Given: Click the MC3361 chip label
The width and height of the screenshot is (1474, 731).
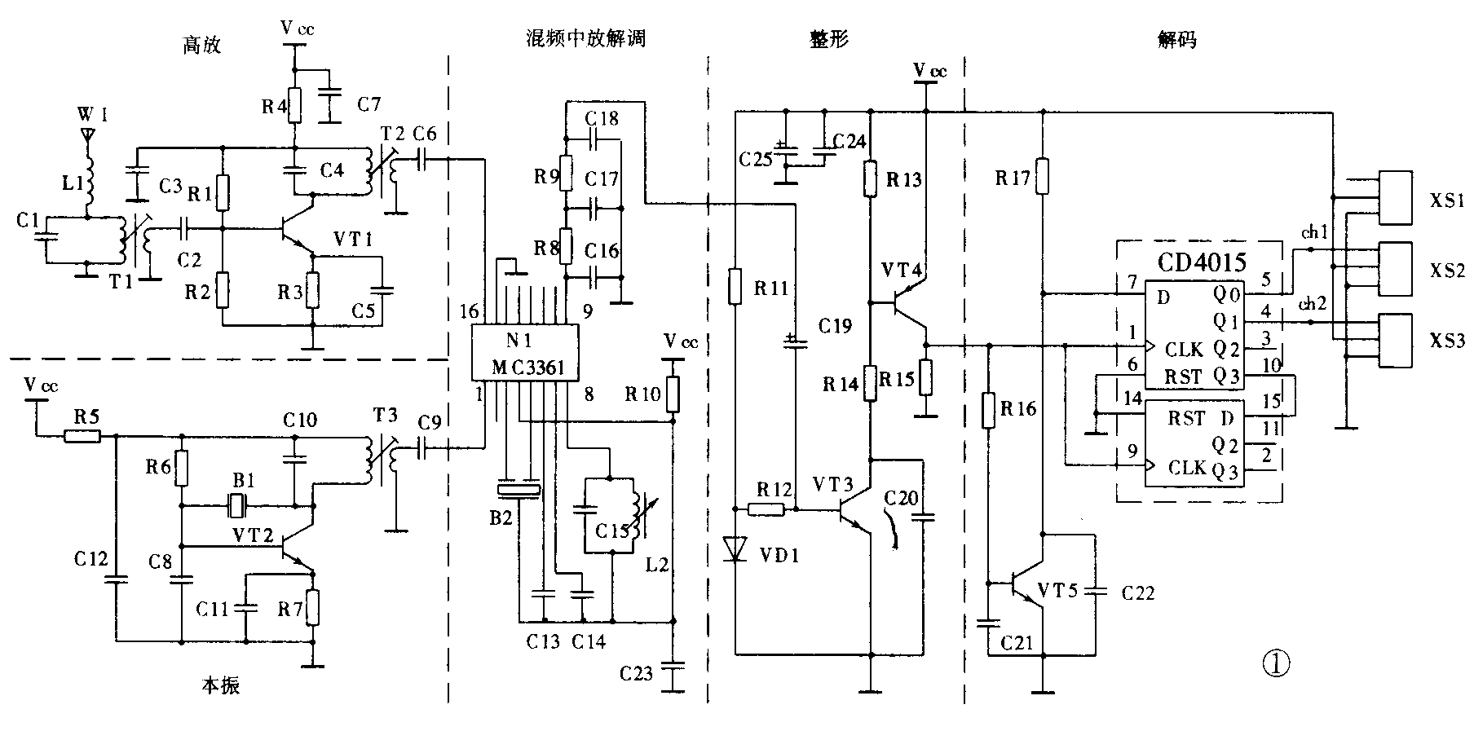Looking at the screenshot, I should pyautogui.click(x=527, y=368).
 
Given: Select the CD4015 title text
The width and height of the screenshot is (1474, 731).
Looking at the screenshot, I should pyautogui.click(x=1202, y=262).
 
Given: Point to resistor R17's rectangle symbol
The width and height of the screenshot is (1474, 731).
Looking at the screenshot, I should pyautogui.click(x=1042, y=176).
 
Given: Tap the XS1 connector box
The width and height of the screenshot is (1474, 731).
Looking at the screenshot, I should pyautogui.click(x=1394, y=198).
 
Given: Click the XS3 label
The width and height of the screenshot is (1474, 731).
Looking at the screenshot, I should pyautogui.click(x=1446, y=341).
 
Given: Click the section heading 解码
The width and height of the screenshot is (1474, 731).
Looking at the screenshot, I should pyautogui.click(x=1176, y=39).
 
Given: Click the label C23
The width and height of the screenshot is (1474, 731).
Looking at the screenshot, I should pyautogui.click(x=636, y=674).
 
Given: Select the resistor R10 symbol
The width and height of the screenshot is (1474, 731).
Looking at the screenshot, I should pyautogui.click(x=673, y=394).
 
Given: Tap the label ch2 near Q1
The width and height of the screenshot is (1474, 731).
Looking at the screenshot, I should pyautogui.click(x=1313, y=305).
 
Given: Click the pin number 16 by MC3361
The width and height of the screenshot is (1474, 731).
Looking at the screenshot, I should pyautogui.click(x=470, y=311).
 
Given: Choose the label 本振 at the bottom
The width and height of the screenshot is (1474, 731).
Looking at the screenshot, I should pyautogui.click(x=220, y=685).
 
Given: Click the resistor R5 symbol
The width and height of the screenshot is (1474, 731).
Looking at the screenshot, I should pyautogui.click(x=83, y=436).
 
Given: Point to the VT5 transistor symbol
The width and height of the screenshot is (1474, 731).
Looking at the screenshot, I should pyautogui.click(x=1026, y=585).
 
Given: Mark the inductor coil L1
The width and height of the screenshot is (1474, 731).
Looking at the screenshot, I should pyautogui.click(x=90, y=184).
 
